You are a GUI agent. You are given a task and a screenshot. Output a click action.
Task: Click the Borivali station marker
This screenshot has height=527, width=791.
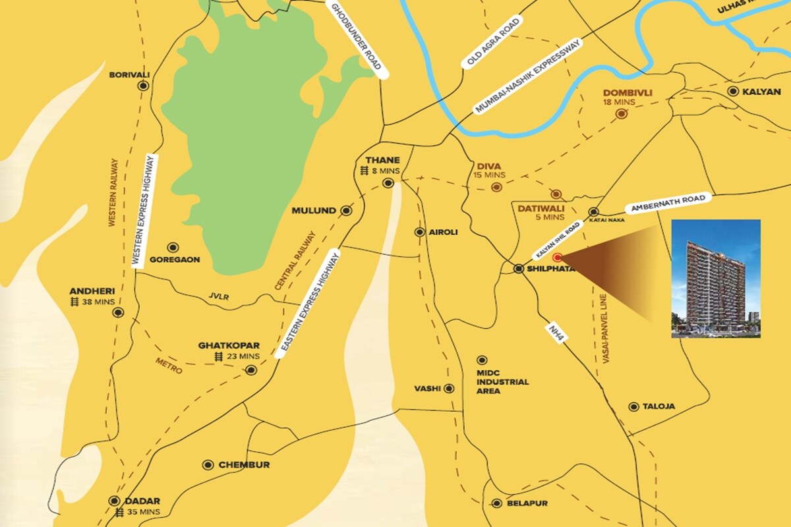pyautogui.click(x=143, y=86)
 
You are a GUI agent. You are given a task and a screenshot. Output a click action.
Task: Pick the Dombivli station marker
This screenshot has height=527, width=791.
pyautogui.click(x=621, y=114)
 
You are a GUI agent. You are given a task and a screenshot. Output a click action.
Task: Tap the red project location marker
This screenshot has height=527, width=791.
pyautogui.click(x=557, y=258)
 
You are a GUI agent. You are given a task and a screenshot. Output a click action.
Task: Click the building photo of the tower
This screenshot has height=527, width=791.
pyautogui.click(x=715, y=279)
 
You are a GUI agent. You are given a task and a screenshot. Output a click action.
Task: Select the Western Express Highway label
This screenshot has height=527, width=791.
pyautogui.click(x=145, y=210)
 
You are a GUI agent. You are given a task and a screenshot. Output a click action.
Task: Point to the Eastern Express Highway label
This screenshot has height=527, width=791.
pyautogui.click(x=308, y=304)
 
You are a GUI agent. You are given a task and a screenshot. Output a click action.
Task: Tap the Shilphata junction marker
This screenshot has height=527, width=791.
pyautogui.click(x=519, y=268)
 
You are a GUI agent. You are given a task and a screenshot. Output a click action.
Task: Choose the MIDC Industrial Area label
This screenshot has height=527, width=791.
pyautogui.click(x=502, y=381)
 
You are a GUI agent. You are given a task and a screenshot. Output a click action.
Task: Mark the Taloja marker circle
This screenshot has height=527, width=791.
pyautogui.click(x=633, y=406)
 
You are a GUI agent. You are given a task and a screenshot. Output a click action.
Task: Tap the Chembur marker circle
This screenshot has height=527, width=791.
pyautogui.click(x=208, y=464)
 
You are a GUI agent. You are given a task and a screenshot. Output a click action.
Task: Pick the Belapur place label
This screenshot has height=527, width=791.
pyautogui.click(x=527, y=503)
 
